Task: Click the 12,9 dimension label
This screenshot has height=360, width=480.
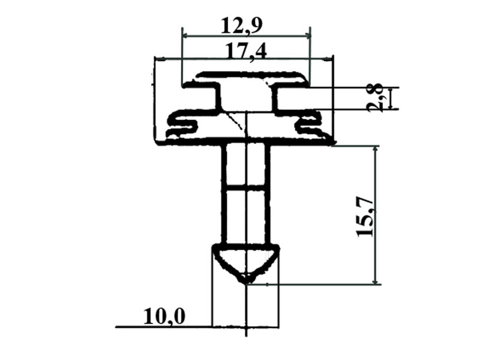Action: coord(241,26)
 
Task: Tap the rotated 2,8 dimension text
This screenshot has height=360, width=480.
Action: coord(376,98)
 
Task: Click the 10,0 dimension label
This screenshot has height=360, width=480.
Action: coord(164,317)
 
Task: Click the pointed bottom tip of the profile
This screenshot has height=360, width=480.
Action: coord(246,282)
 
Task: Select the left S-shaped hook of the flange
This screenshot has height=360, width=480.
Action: coord(182,125)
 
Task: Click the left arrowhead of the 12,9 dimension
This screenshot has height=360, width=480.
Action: coord(185,36)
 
